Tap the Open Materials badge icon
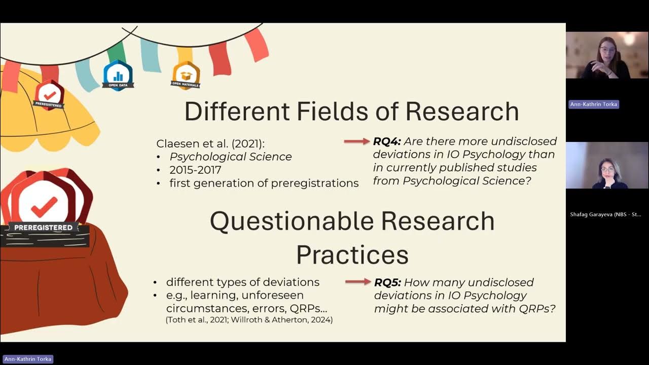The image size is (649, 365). click(186, 75)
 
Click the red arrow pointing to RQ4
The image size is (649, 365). click(357, 141)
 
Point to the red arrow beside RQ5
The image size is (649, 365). click(358, 282)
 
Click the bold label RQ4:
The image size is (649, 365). click(387, 141)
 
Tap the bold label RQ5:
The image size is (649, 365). click(387, 282)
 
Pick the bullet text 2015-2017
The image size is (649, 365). click(195, 170)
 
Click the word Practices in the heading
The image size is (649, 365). click(352, 254)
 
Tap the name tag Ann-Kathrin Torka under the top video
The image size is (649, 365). click(594, 104)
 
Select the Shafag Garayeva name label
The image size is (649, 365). click(606, 214)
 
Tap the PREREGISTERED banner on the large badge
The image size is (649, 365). click(43, 228)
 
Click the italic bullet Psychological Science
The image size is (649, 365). click(231, 157)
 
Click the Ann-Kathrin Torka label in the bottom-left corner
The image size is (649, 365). click(27, 359)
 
